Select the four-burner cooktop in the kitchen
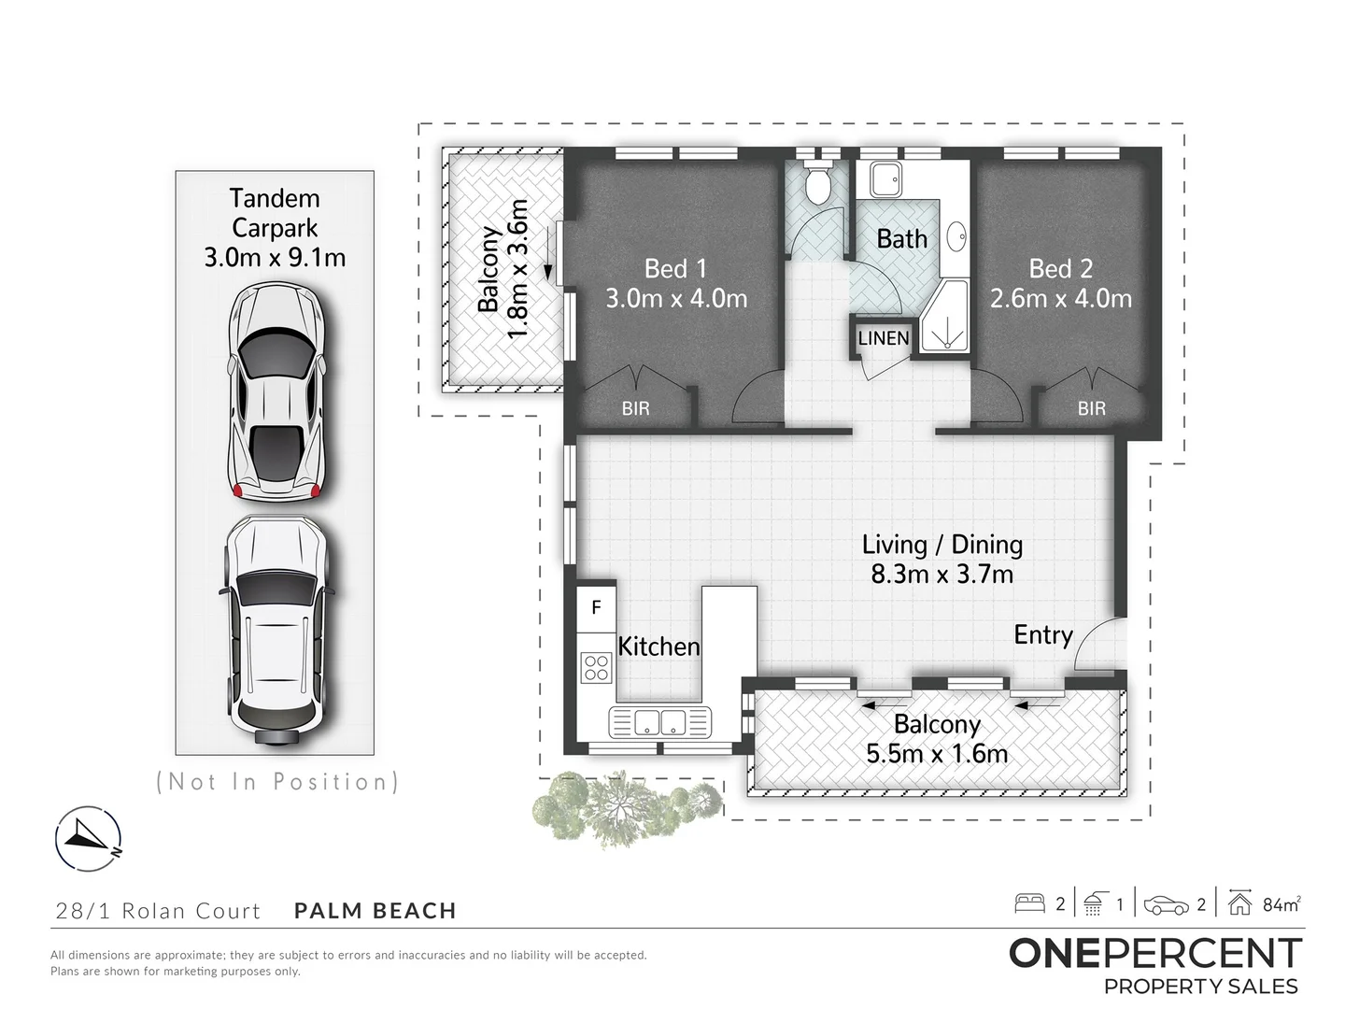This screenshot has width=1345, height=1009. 596,668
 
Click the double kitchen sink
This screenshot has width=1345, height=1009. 660,721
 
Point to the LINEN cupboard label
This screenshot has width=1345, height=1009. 883,338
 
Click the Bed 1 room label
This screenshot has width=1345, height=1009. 675,269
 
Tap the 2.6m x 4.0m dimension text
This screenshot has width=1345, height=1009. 1060,299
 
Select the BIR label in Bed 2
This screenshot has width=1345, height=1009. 1091,408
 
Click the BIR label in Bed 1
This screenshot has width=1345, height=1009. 635,408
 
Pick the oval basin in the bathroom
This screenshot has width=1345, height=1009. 956,236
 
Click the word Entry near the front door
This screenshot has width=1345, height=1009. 1043,634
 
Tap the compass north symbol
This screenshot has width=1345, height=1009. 88,838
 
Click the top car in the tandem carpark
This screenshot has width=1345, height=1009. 276,391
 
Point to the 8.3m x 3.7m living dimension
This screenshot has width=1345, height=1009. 941,575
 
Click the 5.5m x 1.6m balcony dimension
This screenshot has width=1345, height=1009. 937,754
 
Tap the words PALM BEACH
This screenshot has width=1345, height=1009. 375,910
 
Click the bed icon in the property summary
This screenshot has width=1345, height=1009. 1029,904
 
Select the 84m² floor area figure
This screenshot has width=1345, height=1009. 1281,904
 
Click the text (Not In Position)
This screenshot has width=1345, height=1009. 277,782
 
